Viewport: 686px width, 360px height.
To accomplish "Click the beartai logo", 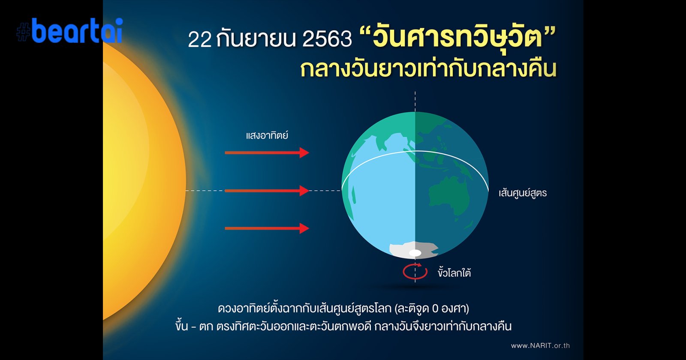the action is tap(70, 30).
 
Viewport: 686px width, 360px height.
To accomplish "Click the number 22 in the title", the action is tap(200, 39).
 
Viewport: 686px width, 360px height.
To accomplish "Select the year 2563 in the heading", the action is tap(327, 39).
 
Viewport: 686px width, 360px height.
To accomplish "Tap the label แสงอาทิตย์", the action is tap(267, 135).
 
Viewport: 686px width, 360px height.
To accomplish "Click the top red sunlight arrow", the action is tap(267, 153).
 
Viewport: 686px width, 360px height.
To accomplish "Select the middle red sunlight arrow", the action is tap(267, 191).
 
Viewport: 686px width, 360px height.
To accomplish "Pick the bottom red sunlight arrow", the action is tap(267, 228).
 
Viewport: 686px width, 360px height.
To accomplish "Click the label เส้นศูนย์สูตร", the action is tap(523, 193).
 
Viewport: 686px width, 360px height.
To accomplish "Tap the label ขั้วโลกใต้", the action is tap(454, 272).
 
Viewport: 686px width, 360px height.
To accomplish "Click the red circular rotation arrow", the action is tap(415, 271).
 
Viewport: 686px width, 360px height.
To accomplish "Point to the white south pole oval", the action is tap(415, 253).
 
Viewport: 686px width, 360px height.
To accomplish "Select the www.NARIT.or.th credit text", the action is tap(540, 345).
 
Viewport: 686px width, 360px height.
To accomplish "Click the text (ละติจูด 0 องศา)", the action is tap(432, 308).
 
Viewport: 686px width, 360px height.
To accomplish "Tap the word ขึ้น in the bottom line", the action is tap(182, 326).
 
